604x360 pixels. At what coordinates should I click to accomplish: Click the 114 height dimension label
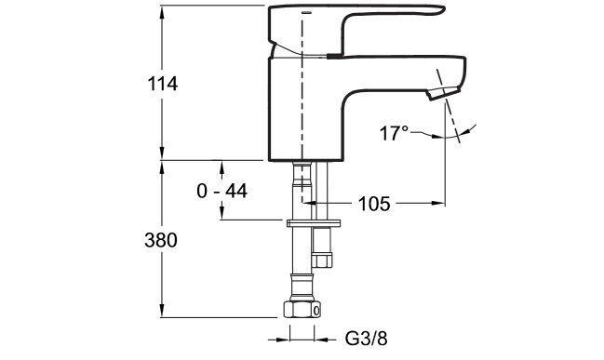click(163, 84)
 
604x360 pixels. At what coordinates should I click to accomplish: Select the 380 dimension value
click(161, 241)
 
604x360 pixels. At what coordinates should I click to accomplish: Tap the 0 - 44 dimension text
click(221, 191)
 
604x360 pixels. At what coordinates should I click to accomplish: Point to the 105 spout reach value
click(374, 204)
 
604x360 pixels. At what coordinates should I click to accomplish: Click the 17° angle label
click(394, 133)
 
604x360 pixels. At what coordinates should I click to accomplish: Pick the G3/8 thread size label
click(366, 339)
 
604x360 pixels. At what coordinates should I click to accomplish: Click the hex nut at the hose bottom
click(302, 309)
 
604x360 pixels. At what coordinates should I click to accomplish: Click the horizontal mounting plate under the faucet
click(314, 223)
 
